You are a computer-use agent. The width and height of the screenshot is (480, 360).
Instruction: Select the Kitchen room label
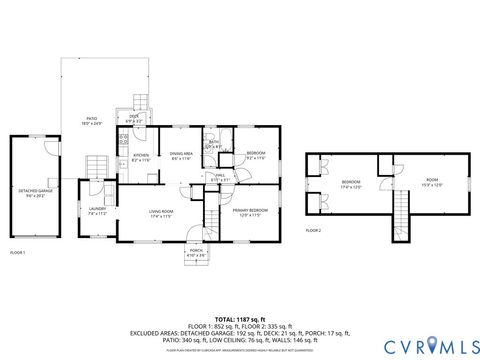tap(141, 158)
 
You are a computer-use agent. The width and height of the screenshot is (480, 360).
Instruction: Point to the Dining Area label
tap(181, 157)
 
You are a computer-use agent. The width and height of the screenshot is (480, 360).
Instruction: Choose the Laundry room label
tap(97, 211)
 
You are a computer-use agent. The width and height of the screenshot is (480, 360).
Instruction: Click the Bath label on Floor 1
tap(214, 144)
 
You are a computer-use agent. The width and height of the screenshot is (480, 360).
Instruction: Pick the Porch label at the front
tap(197, 253)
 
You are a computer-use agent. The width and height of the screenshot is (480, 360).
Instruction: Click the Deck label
tap(134, 118)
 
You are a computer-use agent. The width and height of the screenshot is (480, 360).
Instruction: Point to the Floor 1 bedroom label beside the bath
tap(255, 155)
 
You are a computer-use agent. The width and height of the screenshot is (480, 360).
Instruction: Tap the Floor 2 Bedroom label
tap(350, 183)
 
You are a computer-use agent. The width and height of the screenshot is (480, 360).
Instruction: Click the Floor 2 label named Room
tap(431, 183)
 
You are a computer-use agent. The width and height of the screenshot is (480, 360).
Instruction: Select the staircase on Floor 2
tap(402, 212)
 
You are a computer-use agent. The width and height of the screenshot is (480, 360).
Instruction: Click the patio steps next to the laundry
tap(95, 165)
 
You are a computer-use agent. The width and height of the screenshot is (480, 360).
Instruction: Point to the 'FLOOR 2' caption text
tap(313, 230)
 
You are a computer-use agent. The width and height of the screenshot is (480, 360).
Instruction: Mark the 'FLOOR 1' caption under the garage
tap(17, 253)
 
